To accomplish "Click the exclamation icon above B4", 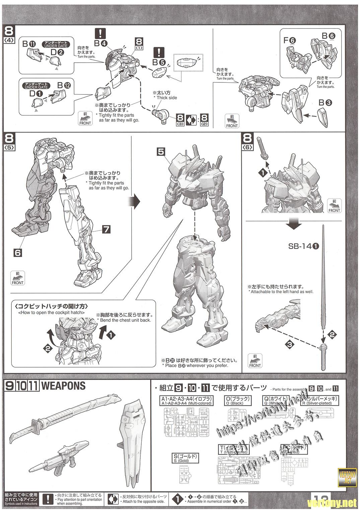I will (100, 33).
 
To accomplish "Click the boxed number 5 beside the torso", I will (161, 152).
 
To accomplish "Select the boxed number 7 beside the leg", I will (106, 229).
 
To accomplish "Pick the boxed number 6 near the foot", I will (17, 253).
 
